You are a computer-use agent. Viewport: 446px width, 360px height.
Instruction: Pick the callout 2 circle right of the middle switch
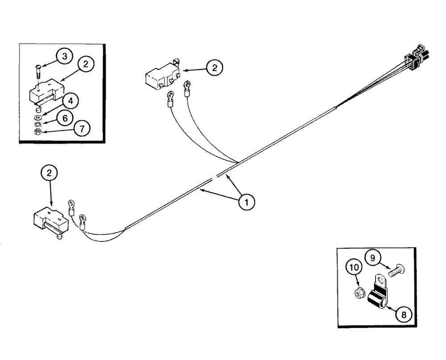[x=215, y=68]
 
